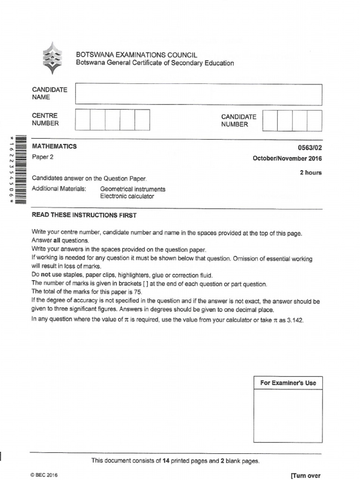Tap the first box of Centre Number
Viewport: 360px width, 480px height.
pos(82,120)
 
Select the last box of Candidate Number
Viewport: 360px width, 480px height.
pos(315,120)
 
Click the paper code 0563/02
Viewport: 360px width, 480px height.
pos(310,147)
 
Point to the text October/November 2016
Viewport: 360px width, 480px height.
pos(287,158)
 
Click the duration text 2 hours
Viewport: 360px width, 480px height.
pos(310,172)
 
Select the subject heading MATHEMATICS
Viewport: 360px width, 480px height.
pos(54,146)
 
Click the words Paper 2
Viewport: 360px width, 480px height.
pos(43,157)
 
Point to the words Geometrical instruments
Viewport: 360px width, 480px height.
pos(133,189)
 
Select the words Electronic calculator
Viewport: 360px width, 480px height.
pos(127,196)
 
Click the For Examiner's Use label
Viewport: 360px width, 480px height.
pos(288,383)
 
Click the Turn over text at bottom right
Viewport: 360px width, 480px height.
pos(306,475)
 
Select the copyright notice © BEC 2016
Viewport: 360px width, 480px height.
pos(45,475)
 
